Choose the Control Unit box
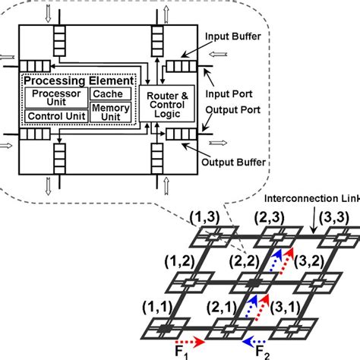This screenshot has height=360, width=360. click(x=55, y=116)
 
